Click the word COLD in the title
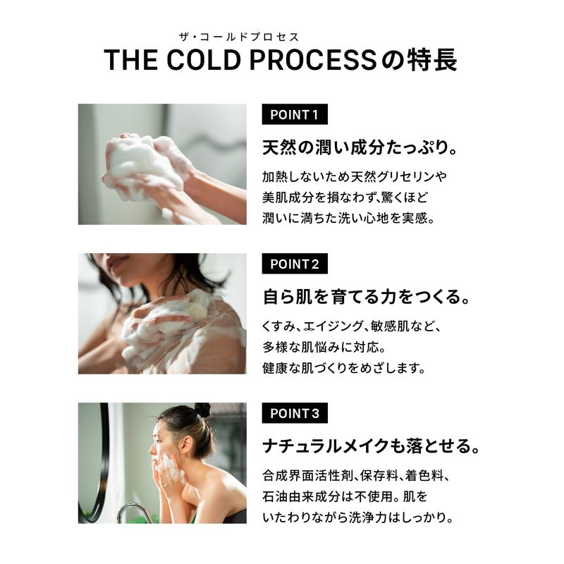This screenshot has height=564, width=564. (204, 60)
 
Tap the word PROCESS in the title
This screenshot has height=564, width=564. (313, 60)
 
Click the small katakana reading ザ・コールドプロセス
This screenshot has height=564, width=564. (239, 37)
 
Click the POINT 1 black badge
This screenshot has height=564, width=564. (295, 114)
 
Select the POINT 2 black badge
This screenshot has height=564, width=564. (295, 264)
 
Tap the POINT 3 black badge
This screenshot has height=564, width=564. (295, 413)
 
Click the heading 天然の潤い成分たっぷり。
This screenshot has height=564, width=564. (360, 147)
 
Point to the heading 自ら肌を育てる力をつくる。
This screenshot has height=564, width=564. (366, 297)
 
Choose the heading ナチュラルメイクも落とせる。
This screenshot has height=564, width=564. (372, 446)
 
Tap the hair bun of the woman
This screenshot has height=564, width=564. (203, 410)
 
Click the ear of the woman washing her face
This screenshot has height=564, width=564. (186, 446)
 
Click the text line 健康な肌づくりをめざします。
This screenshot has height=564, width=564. (344, 368)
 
